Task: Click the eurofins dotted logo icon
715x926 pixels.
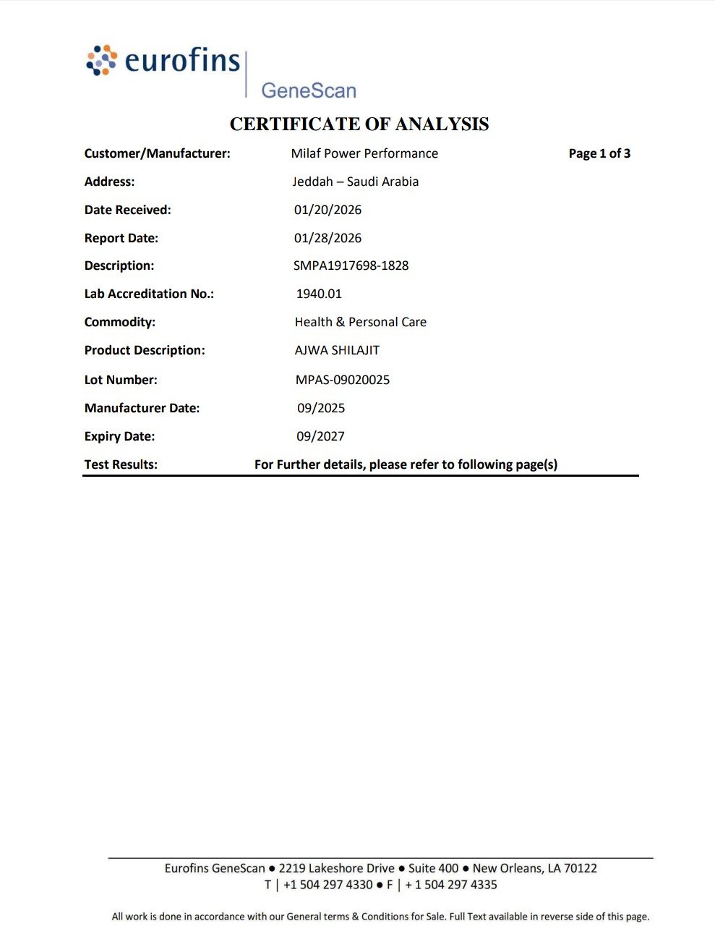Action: tap(102, 60)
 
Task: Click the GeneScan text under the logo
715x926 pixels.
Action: tap(309, 90)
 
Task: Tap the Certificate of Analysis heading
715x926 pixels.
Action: tap(359, 124)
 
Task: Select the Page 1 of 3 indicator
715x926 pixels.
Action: tap(599, 153)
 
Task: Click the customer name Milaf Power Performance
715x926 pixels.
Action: tap(364, 153)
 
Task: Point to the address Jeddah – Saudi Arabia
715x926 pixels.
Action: tap(356, 182)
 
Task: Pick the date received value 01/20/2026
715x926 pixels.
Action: tap(327, 210)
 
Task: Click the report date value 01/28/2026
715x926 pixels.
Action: tap(327, 238)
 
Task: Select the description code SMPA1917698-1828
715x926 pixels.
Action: tap(351, 266)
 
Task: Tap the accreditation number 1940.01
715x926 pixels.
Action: tap(319, 294)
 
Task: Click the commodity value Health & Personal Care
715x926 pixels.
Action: tap(361, 322)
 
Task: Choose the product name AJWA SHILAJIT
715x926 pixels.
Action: tap(337, 350)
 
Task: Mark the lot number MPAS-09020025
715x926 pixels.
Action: tap(343, 380)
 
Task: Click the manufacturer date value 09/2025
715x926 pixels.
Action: tap(321, 408)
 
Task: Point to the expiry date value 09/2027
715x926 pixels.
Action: tap(321, 436)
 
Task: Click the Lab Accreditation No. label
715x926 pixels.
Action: tap(149, 294)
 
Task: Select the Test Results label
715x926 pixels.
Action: tap(121, 464)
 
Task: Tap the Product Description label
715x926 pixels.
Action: tap(145, 350)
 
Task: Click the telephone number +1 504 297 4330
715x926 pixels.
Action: tap(327, 885)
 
